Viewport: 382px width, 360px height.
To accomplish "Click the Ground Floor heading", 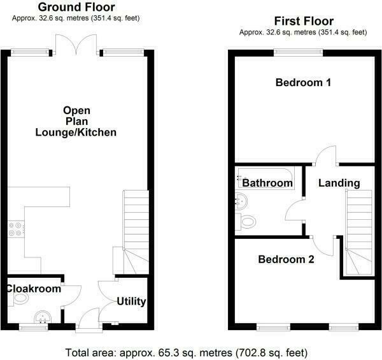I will (76, 7).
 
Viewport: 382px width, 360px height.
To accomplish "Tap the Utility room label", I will (132, 301).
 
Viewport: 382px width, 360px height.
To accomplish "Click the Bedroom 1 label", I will (303, 83).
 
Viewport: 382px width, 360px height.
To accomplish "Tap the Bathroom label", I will (267, 184).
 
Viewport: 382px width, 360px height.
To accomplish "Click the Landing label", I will (339, 184).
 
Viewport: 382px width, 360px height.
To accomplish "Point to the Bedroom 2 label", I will (286, 259).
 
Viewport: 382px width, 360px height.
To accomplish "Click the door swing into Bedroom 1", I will (326, 155).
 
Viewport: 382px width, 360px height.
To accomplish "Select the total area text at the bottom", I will (191, 352).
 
